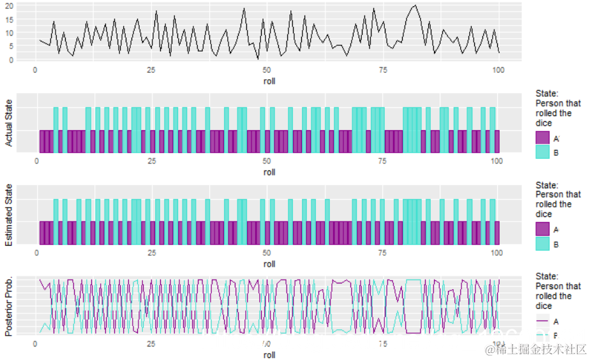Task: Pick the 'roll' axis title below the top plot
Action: pos(269,81)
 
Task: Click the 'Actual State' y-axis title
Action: pos(9,123)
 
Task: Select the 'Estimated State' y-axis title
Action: pos(9,214)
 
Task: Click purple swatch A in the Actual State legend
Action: pos(542,138)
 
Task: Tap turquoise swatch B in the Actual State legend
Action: pos(542,152)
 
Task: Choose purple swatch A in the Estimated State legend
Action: pos(542,229)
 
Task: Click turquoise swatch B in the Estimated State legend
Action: pos(542,244)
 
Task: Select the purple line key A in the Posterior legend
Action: pos(542,321)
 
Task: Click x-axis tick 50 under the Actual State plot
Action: pos(267,161)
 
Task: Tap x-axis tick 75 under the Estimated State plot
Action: pos(382,253)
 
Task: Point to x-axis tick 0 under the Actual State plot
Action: pos(36,161)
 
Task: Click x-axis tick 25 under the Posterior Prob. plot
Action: pos(151,344)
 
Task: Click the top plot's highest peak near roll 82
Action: pos(416,6)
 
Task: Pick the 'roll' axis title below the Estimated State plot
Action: pos(269,264)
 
